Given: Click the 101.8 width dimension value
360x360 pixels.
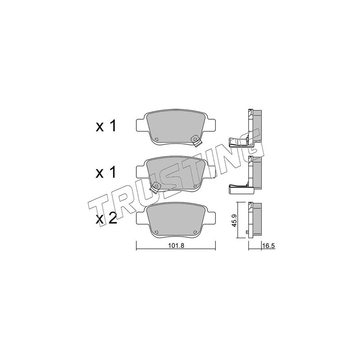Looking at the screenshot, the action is (x=176, y=246).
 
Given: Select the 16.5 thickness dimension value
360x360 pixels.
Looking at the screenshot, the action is (x=268, y=246).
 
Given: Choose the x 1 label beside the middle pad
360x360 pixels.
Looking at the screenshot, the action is (x=106, y=172).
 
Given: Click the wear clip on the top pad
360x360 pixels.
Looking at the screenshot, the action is (x=196, y=141).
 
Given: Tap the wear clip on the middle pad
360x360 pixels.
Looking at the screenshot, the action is (x=155, y=187).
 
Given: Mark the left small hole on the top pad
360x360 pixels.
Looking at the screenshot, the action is (x=156, y=139).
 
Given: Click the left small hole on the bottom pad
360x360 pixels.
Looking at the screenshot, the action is (x=156, y=232).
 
